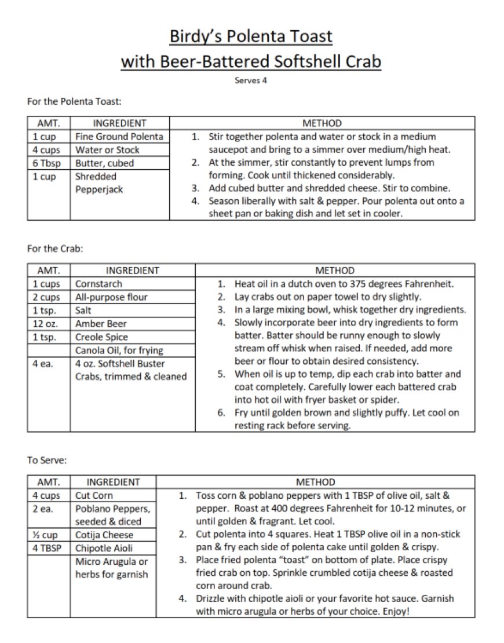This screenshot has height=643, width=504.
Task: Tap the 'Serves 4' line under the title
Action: tap(251, 81)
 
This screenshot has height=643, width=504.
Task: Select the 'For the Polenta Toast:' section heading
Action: tap(74, 101)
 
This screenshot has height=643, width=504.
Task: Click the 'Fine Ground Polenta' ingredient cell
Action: tap(119, 137)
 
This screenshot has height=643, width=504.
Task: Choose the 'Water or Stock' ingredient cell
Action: tap(107, 150)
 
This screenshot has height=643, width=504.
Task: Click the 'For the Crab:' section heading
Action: tap(55, 249)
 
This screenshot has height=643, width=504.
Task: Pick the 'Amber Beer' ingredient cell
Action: tap(101, 324)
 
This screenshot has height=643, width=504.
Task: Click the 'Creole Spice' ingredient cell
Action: tap(102, 337)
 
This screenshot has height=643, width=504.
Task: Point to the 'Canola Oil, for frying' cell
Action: tap(119, 350)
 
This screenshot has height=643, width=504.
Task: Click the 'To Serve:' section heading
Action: tap(48, 461)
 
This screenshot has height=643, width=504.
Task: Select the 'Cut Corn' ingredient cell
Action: tap(94, 495)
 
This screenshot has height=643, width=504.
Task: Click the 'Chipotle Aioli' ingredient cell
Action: tap(104, 548)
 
